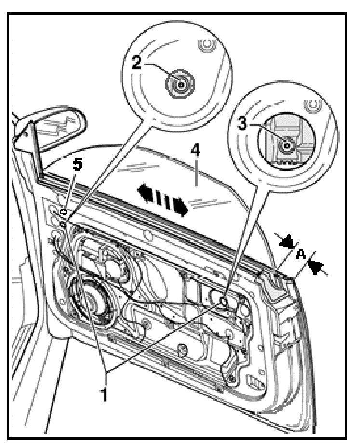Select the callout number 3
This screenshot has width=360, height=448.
(243, 122)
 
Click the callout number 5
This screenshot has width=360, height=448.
(77, 165)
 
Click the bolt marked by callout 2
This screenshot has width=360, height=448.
(180, 85)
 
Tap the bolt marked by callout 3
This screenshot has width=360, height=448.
(287, 145)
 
